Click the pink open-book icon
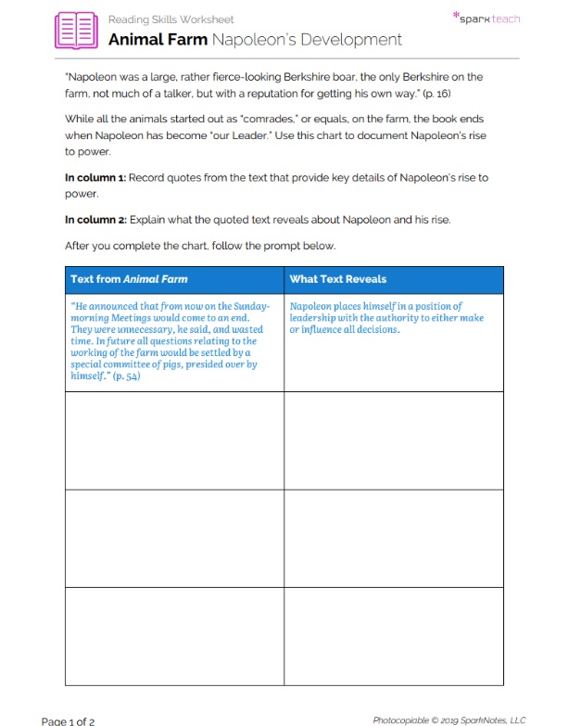click(x=76, y=30)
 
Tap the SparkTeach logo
click(x=486, y=18)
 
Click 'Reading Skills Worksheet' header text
click(x=171, y=19)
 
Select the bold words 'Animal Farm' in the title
click(x=158, y=40)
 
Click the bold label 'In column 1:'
click(x=95, y=177)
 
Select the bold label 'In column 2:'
click(x=95, y=220)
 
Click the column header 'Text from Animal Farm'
click(x=129, y=279)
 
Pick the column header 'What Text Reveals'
click(x=337, y=279)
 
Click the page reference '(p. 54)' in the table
click(x=125, y=376)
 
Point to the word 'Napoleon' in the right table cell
click(x=312, y=306)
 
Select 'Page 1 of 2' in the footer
click(x=68, y=720)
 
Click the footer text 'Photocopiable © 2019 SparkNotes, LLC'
click(x=448, y=720)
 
